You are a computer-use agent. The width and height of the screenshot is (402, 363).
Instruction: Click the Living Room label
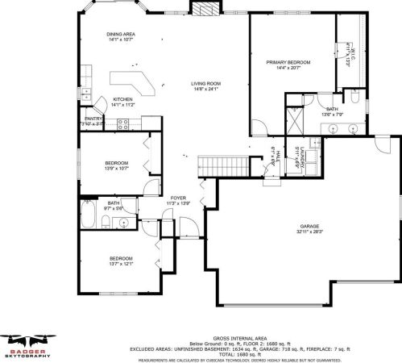point(205,83)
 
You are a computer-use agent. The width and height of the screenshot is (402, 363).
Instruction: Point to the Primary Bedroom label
point(288,61)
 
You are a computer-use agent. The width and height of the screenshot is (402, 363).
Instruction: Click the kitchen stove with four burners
point(124,123)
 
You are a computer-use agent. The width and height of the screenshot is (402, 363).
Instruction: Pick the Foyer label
point(177,197)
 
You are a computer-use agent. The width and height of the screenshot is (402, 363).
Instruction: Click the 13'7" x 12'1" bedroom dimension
point(121,262)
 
